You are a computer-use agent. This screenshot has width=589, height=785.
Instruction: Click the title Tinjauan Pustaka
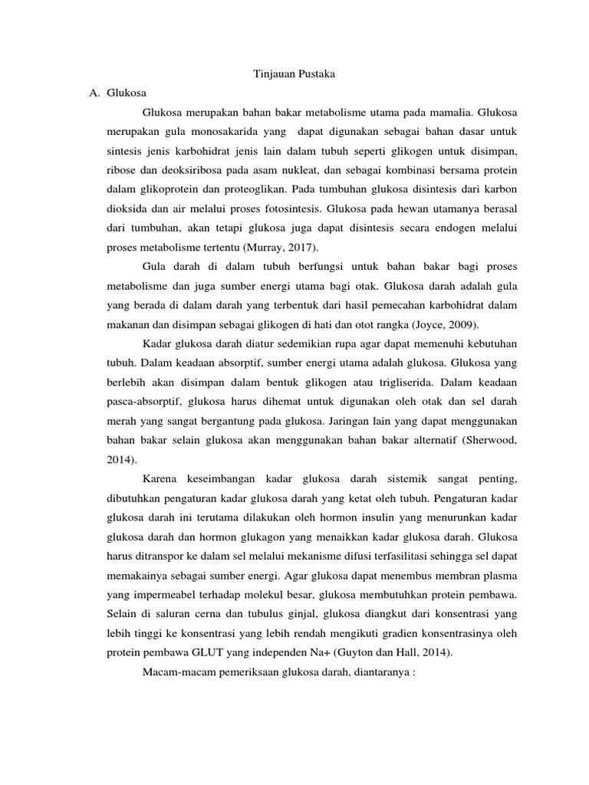[x=294, y=74]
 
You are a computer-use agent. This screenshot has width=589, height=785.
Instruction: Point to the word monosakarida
[x=230, y=131]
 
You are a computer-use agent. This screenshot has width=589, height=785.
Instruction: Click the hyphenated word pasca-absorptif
[x=146, y=400]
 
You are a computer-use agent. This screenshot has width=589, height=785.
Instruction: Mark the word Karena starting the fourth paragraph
[x=160, y=479]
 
